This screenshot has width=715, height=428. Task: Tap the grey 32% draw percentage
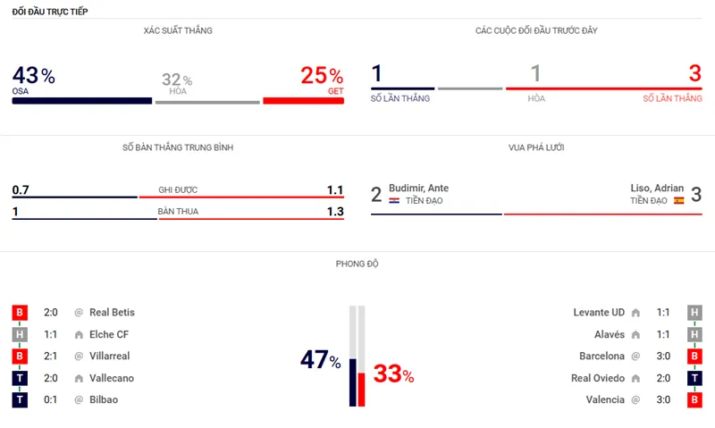177,80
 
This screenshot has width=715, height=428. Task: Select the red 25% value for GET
322,76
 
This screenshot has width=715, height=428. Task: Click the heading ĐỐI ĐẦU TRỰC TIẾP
50,11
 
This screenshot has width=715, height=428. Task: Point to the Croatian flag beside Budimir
394,201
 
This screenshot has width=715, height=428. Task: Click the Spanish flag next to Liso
678,201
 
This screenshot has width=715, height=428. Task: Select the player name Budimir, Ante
419,188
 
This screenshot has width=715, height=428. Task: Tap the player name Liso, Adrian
657,188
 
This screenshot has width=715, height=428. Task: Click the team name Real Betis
112,313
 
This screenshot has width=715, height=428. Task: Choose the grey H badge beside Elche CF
20,334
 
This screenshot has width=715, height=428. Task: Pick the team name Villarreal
109,356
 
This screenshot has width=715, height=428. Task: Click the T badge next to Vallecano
20,378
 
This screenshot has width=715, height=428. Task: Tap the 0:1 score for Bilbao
52,399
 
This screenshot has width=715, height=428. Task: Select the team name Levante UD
599,313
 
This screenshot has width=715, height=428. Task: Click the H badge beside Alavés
694,334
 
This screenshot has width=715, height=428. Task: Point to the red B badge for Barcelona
694,356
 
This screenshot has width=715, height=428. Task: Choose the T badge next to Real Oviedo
694,378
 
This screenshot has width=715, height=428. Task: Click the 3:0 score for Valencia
662,399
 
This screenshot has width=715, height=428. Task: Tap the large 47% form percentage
321,360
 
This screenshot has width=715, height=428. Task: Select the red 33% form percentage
393,374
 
